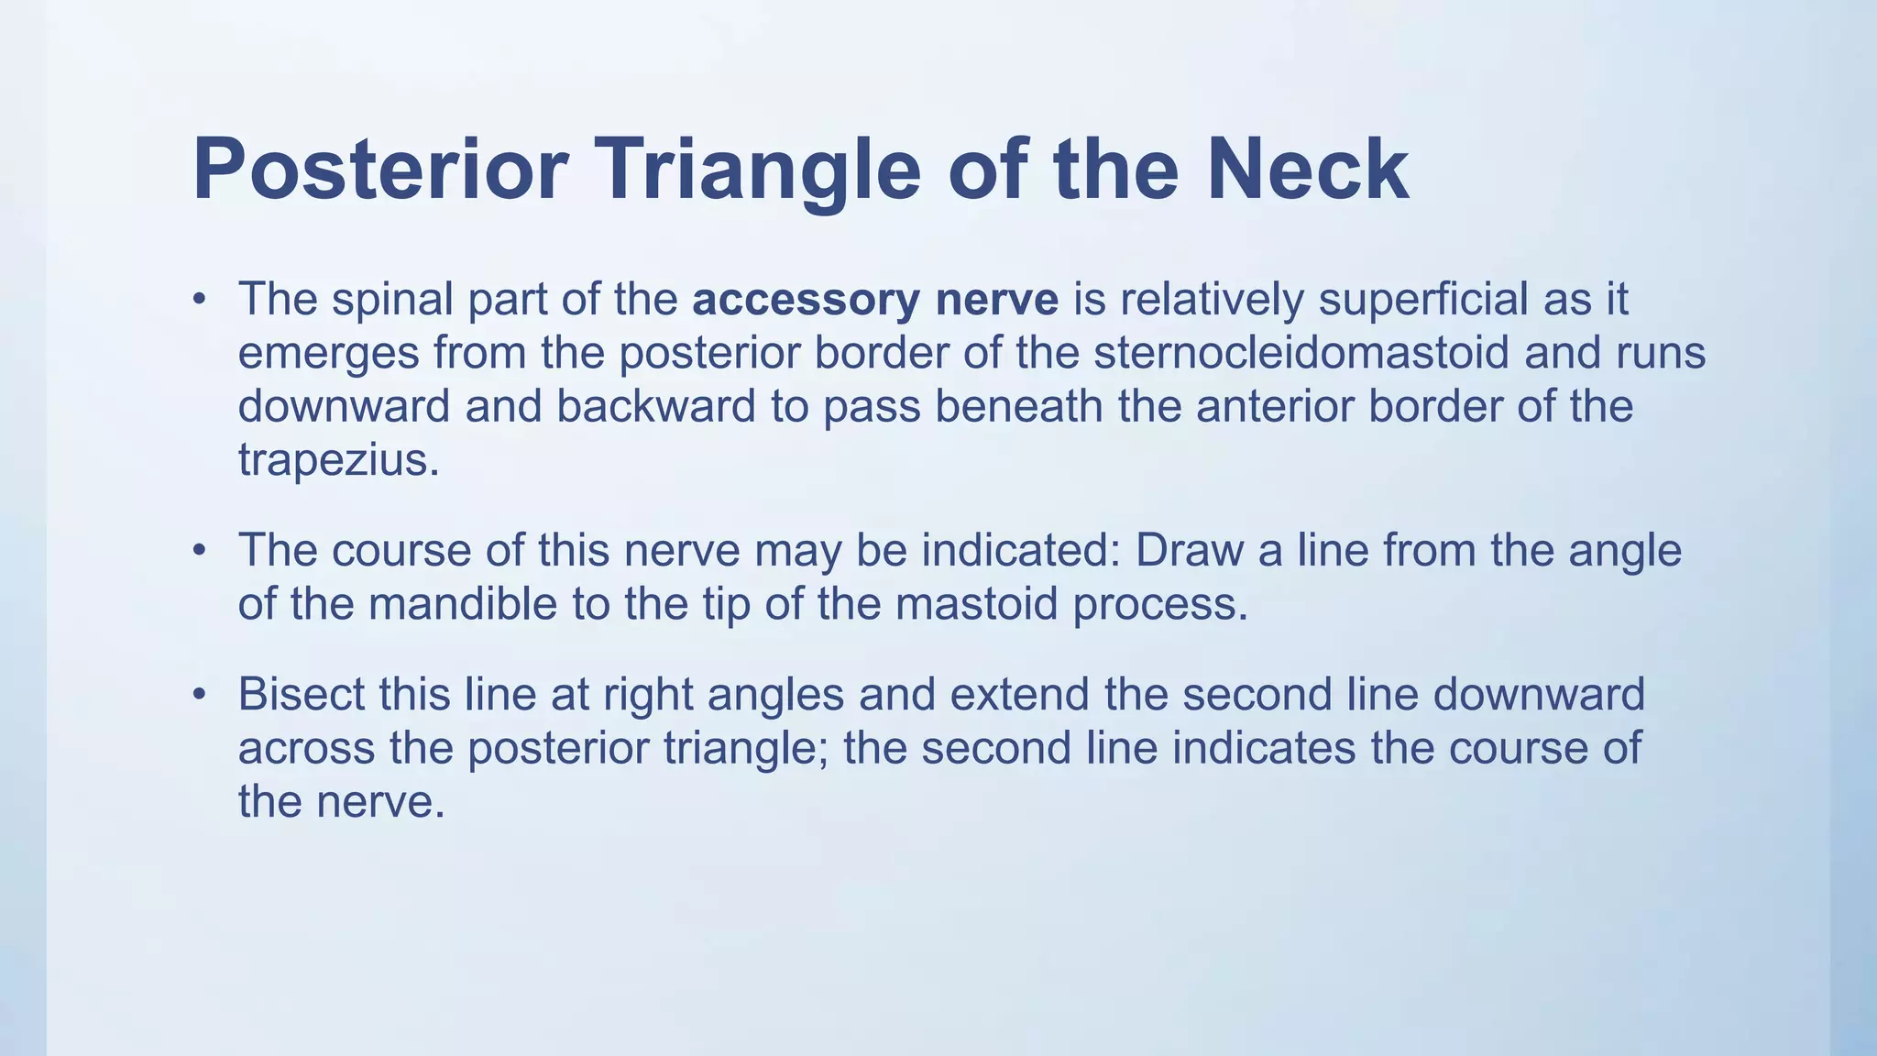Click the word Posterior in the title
tap(380, 170)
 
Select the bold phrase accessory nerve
tap(875, 300)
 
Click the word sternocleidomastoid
tap(1301, 353)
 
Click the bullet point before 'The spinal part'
tap(199, 301)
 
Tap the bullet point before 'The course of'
tap(199, 552)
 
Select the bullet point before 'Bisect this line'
tap(199, 695)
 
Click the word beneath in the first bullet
tap(1018, 406)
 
